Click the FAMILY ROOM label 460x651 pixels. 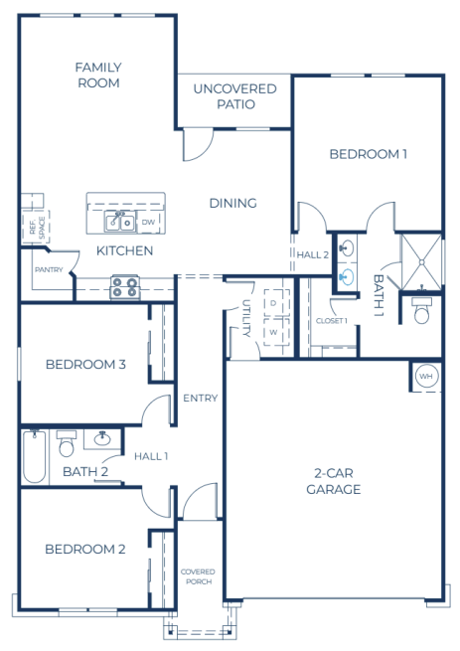98,76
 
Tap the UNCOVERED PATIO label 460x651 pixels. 235,96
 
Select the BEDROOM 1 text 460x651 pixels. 369,154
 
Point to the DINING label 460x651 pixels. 232,203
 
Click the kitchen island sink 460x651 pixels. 120,222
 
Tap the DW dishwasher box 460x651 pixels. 148,222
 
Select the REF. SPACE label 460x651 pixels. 37,228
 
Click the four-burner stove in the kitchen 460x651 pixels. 124,287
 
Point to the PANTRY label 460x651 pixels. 49,270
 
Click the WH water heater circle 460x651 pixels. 426,377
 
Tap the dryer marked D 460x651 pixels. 273,303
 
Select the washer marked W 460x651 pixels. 273,332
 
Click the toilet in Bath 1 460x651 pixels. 421,310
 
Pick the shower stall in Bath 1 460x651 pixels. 421,262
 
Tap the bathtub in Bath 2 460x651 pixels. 34,457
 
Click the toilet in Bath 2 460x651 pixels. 67,443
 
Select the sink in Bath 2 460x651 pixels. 102,439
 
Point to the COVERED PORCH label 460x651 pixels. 198,576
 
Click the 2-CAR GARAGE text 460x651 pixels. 334,481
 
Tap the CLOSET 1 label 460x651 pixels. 331,321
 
